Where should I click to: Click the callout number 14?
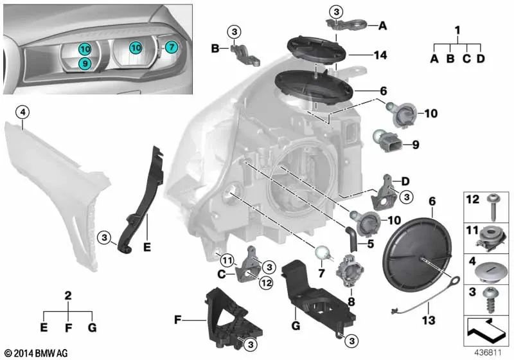(380, 56)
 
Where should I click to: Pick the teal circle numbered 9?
(84, 63)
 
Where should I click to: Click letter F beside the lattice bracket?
(178, 318)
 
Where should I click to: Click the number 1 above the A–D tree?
(457, 30)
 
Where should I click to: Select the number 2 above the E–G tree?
(68, 296)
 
